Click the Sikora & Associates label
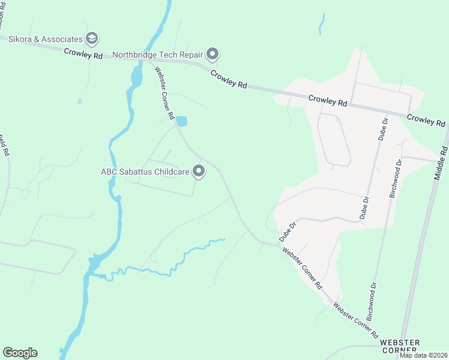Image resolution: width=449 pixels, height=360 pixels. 45,40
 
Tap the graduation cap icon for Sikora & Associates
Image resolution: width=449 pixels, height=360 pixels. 92,40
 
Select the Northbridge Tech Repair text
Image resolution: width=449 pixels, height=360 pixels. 158,55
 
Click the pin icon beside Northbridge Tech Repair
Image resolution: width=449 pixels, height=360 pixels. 212,55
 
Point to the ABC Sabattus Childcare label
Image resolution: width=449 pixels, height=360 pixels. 145,172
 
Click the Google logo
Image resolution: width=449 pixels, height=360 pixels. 20,353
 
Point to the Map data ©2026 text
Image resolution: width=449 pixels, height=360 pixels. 424,355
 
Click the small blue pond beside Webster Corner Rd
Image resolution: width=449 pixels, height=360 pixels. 181,121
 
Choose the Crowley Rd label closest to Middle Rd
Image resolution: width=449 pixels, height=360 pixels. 427,119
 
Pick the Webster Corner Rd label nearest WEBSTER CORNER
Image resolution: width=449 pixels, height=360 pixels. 356,319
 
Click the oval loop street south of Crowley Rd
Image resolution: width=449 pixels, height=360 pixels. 334,139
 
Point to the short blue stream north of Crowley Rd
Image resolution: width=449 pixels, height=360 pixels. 322,25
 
